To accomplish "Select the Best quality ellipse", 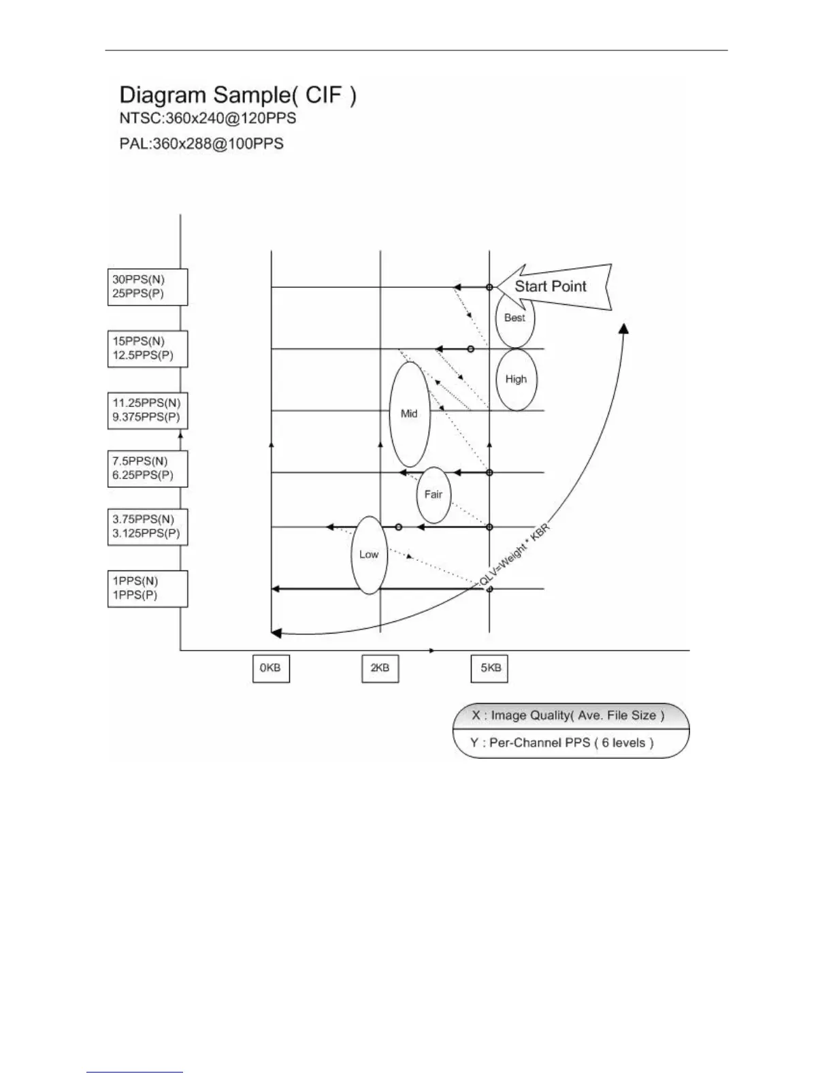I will (x=515, y=318).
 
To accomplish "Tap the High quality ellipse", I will (x=517, y=380).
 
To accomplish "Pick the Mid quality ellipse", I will (x=409, y=414).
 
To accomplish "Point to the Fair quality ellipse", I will (x=434, y=495).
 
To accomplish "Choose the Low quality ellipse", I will (x=369, y=555).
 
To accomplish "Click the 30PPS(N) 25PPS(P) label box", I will (x=148, y=287).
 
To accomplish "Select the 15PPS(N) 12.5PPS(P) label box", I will (x=148, y=348).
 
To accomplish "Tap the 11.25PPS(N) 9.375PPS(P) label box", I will (x=148, y=410).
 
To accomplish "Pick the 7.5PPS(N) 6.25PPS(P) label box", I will (x=148, y=468).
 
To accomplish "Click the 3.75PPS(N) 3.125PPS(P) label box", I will (x=148, y=527).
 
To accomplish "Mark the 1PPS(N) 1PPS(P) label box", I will (x=148, y=588).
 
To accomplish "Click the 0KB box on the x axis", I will (x=271, y=668).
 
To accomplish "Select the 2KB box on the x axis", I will (x=380, y=668).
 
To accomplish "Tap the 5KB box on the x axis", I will (x=490, y=668).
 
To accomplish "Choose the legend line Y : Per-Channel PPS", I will (x=562, y=743).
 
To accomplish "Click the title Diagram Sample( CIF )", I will (x=238, y=95).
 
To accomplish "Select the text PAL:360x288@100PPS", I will (x=201, y=144).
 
